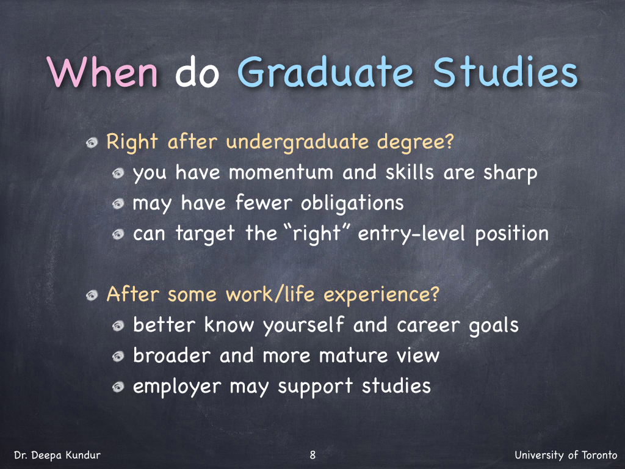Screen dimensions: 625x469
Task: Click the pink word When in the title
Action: click(102, 72)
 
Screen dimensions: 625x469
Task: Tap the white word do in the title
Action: click(197, 72)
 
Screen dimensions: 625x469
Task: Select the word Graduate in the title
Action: click(325, 72)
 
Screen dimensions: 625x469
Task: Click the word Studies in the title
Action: click(505, 72)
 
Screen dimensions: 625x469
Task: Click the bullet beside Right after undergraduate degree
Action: click(92, 142)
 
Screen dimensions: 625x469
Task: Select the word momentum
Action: click(281, 173)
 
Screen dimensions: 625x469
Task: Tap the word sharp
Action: click(510, 173)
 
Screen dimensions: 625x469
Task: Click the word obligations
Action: click(352, 203)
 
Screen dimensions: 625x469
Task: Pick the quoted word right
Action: click(317, 234)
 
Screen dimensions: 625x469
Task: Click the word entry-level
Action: click(411, 234)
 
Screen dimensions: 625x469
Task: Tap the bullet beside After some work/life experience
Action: click(92, 295)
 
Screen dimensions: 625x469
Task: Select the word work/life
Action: click(270, 295)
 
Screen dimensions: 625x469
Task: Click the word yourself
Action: click(303, 325)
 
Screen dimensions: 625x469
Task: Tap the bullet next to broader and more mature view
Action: click(118, 356)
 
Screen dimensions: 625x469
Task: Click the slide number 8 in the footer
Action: click(312, 454)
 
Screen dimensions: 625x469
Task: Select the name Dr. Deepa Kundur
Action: click(57, 455)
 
